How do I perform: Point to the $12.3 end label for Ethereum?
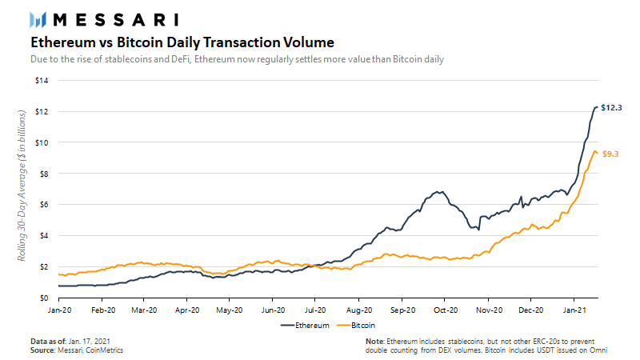pyautogui.click(x=612, y=107)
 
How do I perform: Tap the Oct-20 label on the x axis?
pyautogui.click(x=445, y=308)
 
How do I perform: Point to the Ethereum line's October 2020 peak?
pyautogui.click(x=438, y=192)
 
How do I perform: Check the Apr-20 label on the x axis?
pyautogui.click(x=186, y=308)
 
